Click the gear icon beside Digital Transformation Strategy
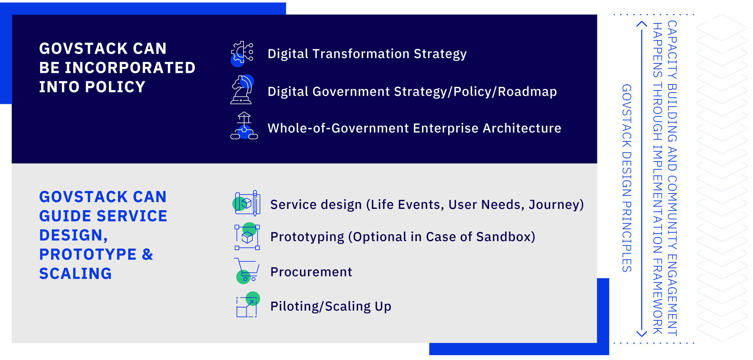click(242, 54)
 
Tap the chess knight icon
click(242, 89)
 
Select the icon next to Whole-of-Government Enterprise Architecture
click(244, 126)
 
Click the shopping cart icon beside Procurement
click(247, 271)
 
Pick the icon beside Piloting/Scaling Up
click(247, 305)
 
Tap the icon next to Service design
click(247, 203)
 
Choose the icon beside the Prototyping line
click(247, 236)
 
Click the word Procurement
click(311, 272)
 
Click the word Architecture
click(522, 128)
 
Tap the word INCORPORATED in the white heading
click(130, 68)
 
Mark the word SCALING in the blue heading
click(76, 274)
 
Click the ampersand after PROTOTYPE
click(148, 255)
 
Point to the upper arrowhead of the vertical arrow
click(642, 24)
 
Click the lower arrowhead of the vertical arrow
click(642, 333)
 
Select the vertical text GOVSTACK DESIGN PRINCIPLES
click(626, 178)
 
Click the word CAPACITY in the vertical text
click(672, 50)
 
